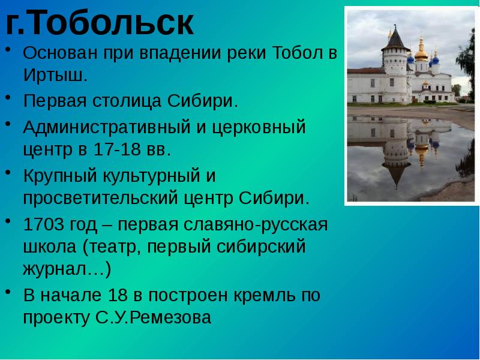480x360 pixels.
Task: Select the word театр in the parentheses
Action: coord(117,247)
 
